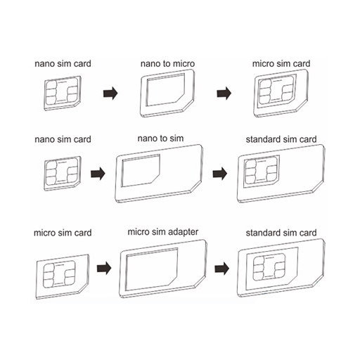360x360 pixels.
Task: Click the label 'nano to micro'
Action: click(x=167, y=64)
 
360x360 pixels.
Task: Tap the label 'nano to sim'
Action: click(x=160, y=139)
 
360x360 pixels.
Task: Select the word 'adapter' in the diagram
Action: click(x=183, y=232)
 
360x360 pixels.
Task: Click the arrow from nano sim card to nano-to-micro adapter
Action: click(x=110, y=94)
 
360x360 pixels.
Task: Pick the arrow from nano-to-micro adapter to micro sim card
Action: click(x=224, y=94)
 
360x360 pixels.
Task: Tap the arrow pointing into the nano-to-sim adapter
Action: click(x=98, y=174)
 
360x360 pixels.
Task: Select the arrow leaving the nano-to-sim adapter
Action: click(x=220, y=174)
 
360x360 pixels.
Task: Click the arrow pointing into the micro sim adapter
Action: click(x=104, y=269)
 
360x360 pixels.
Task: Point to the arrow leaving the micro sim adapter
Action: click(x=222, y=269)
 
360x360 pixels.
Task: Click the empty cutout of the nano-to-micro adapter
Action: click(x=165, y=90)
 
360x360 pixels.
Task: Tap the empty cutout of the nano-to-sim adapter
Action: click(x=140, y=170)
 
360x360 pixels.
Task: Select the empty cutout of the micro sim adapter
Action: click(x=151, y=269)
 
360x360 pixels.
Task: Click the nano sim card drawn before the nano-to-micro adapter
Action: click(x=63, y=94)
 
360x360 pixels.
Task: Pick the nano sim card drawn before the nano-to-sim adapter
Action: click(x=63, y=174)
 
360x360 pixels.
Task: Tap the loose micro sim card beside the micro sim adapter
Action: click(x=63, y=276)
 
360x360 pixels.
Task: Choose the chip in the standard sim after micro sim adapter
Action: click(x=269, y=268)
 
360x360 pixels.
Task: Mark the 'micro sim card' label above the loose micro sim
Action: click(x=63, y=233)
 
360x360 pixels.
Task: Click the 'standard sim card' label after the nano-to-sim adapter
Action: click(x=281, y=139)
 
